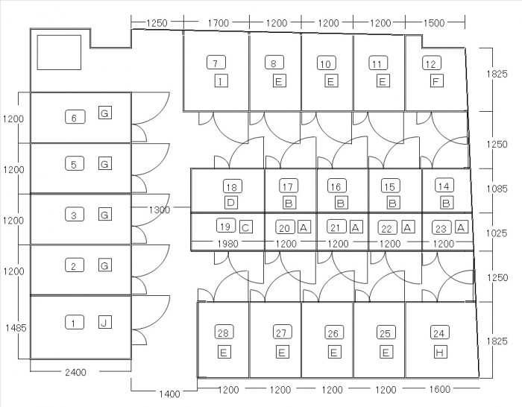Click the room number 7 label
click(x=215, y=64)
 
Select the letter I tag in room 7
click(x=221, y=81)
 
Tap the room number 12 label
click(x=430, y=64)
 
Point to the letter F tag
click(x=436, y=81)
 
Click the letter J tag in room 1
click(x=104, y=322)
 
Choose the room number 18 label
click(x=231, y=186)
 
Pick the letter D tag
click(x=231, y=203)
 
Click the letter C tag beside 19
click(x=245, y=227)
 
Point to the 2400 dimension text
click(x=78, y=372)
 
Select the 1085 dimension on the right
click(x=497, y=189)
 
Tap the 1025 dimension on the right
click(x=497, y=233)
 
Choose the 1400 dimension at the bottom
click(x=169, y=394)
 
